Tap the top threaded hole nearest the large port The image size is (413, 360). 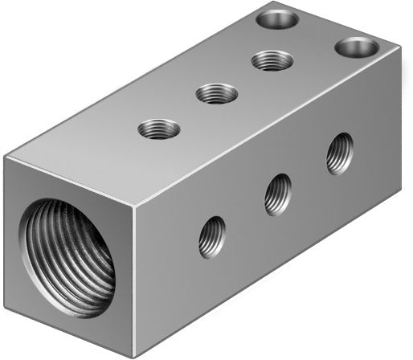coord(158,128)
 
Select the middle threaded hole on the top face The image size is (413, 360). coord(216,93)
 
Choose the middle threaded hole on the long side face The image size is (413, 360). coord(278,193)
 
